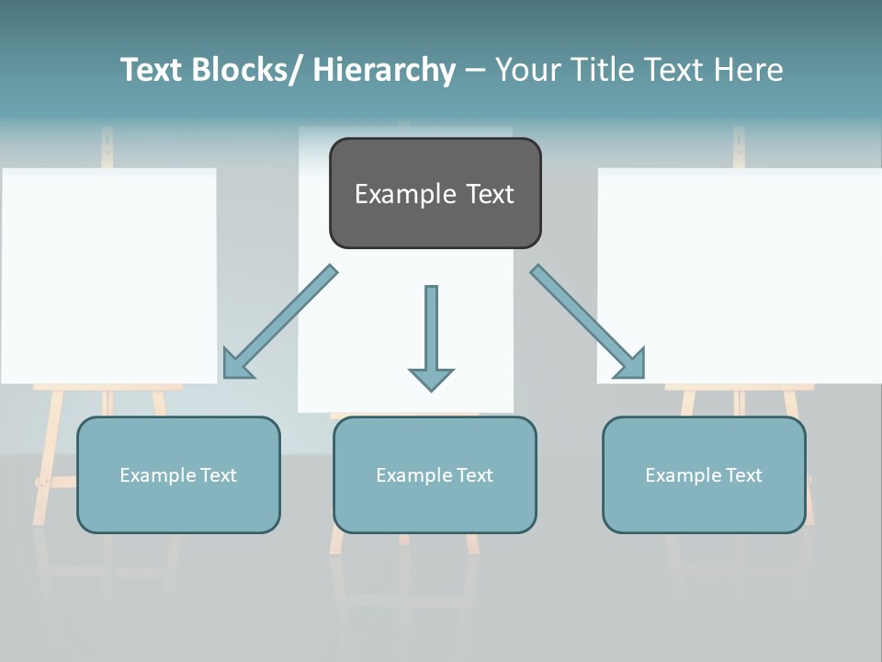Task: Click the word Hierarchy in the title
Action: [384, 70]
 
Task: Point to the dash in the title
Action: [475, 70]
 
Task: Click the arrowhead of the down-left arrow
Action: [237, 364]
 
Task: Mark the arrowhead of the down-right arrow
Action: [630, 364]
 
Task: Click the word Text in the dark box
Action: [483, 194]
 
